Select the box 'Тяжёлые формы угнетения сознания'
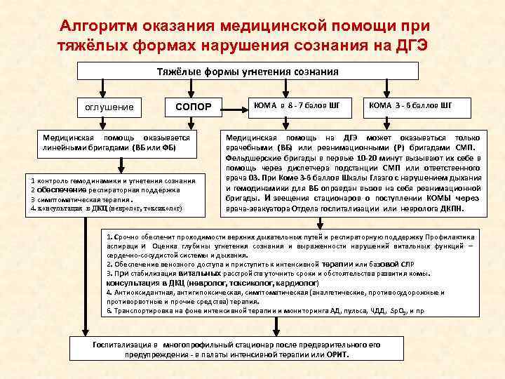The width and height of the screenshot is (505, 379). pos(247,72)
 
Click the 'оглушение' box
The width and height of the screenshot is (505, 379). pos(109,107)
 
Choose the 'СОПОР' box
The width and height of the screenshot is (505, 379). pos(193,107)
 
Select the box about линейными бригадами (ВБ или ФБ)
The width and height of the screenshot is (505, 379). pos(116,143)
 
